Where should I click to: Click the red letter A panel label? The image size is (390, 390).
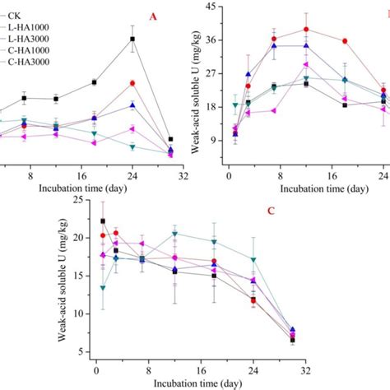point(153,16)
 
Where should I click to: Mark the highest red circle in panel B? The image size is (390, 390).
point(306,29)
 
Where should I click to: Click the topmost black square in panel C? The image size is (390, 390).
point(103,221)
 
